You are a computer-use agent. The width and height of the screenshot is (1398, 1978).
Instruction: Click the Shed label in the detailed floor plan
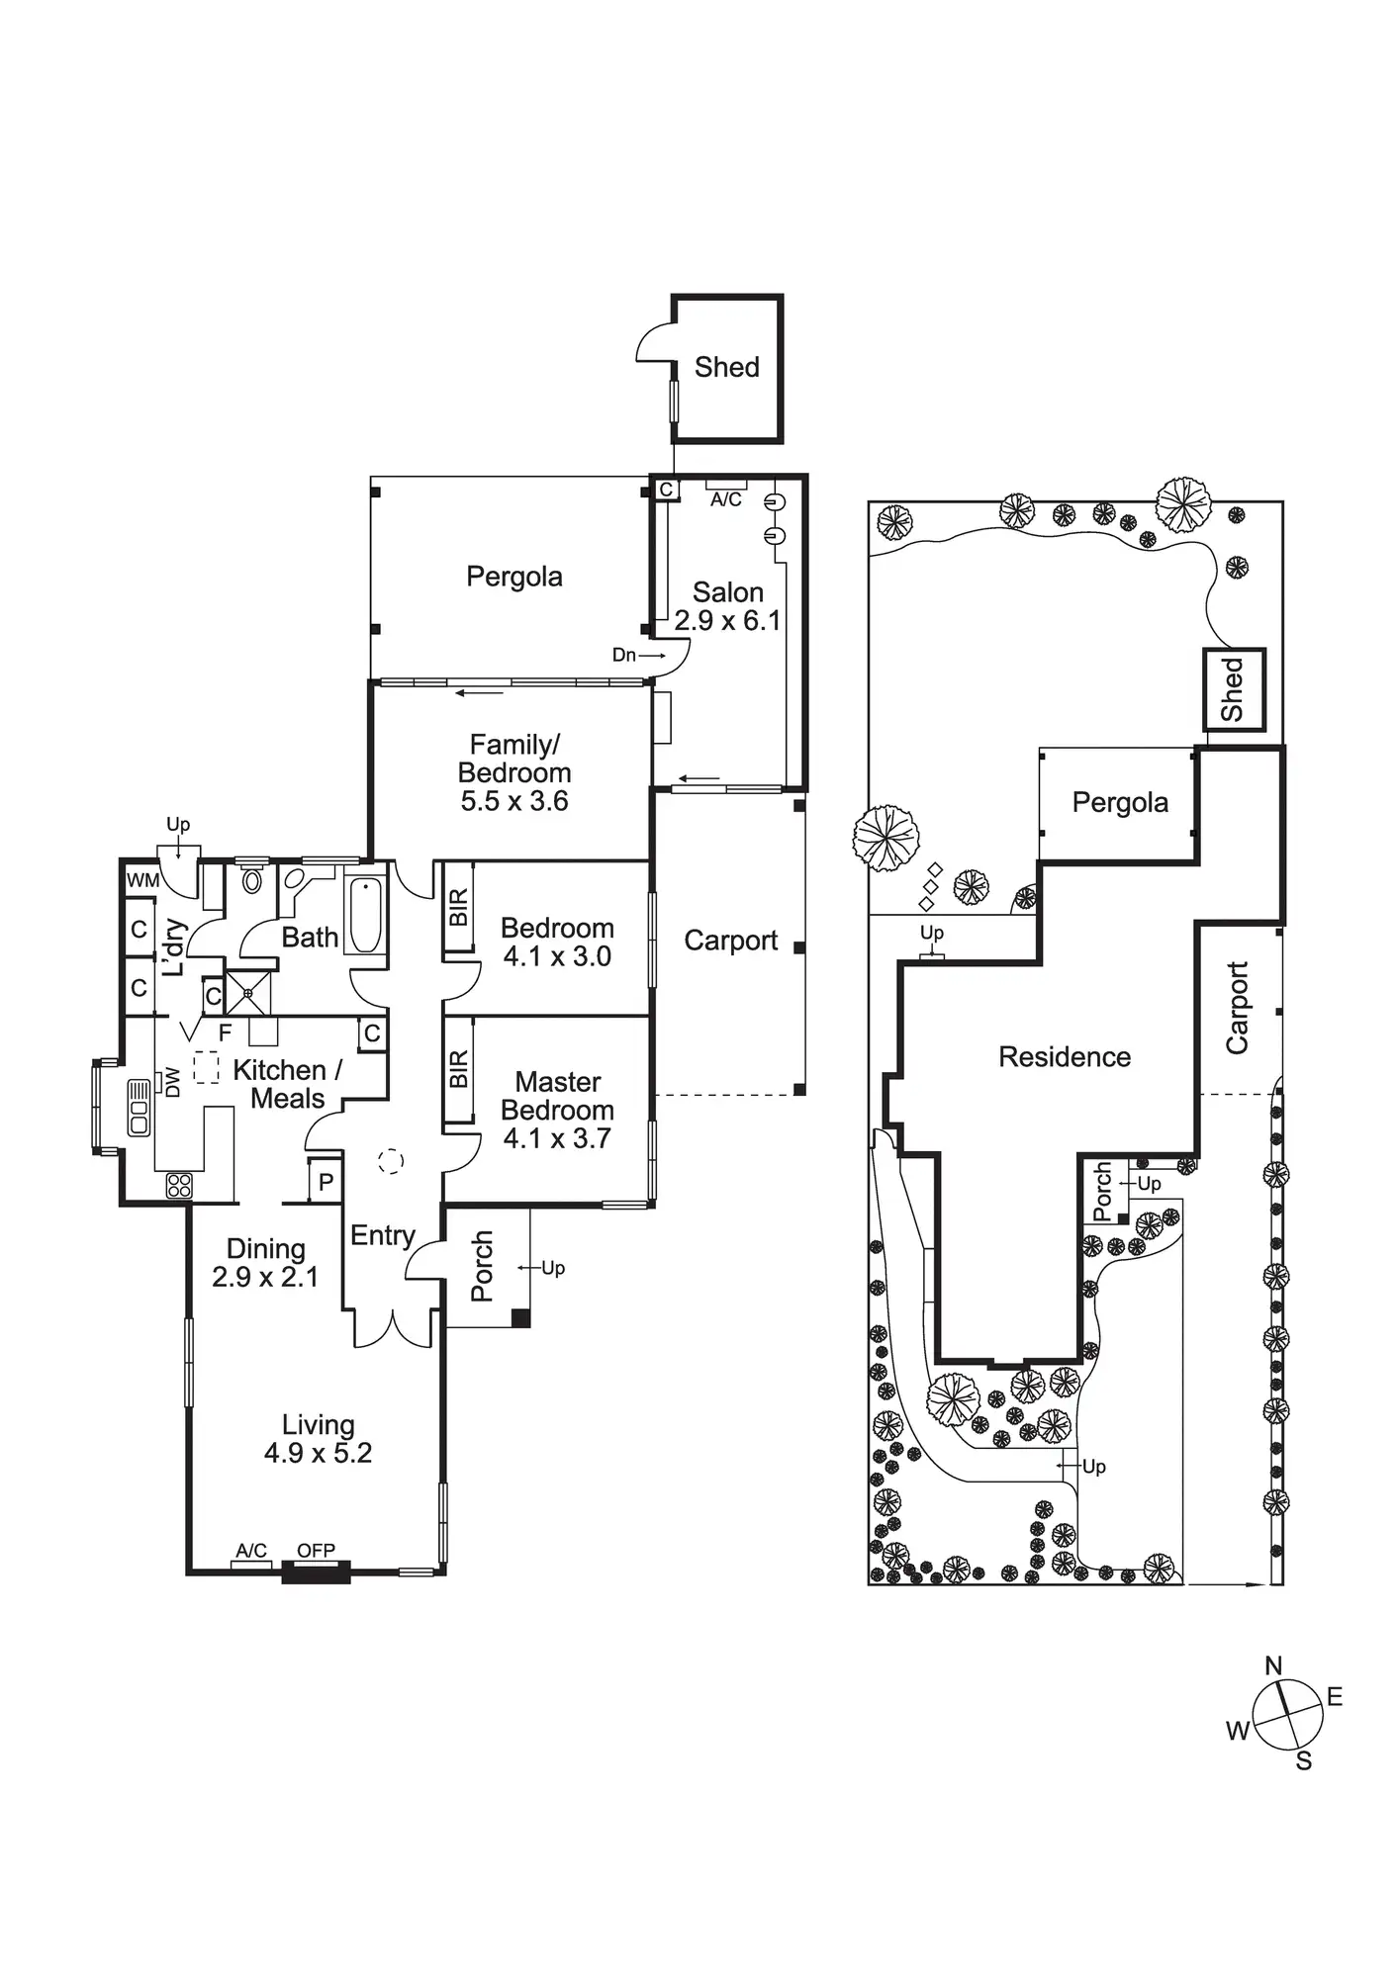[727, 367]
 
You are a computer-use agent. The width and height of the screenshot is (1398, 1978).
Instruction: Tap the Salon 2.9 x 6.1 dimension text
[727, 621]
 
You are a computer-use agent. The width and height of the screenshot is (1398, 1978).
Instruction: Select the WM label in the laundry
[142, 879]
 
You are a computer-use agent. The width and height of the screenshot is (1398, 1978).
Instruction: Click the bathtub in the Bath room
[365, 916]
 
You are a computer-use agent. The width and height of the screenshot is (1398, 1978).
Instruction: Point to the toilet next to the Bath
[252, 879]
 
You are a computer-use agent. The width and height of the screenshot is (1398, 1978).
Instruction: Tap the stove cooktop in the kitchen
[179, 1185]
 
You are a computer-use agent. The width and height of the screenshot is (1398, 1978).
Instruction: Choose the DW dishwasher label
[173, 1082]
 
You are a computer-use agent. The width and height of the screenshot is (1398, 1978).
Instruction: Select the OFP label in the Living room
[316, 1551]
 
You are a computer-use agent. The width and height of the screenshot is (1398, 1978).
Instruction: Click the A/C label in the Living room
[251, 1551]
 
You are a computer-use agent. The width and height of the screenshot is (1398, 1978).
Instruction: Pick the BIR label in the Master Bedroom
[458, 1069]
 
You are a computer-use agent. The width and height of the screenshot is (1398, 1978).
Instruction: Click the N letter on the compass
[1273, 1666]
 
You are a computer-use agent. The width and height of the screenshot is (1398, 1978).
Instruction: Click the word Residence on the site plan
[1064, 1057]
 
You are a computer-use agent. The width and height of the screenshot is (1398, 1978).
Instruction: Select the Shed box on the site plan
[1233, 689]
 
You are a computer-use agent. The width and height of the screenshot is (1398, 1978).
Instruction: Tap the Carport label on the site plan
[1237, 1007]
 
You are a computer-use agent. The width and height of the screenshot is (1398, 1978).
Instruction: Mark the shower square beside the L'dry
[248, 992]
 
